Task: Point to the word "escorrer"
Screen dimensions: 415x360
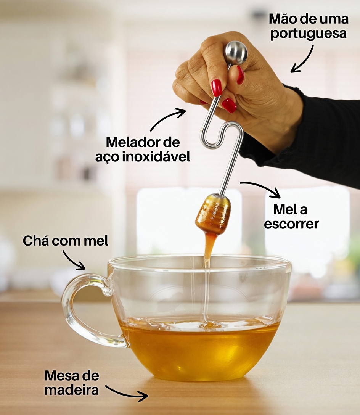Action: point(291,224)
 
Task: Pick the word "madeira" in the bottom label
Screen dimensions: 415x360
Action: point(71,390)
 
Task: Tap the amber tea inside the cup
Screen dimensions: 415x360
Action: point(198,351)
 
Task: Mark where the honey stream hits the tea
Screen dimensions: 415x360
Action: point(207,325)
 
